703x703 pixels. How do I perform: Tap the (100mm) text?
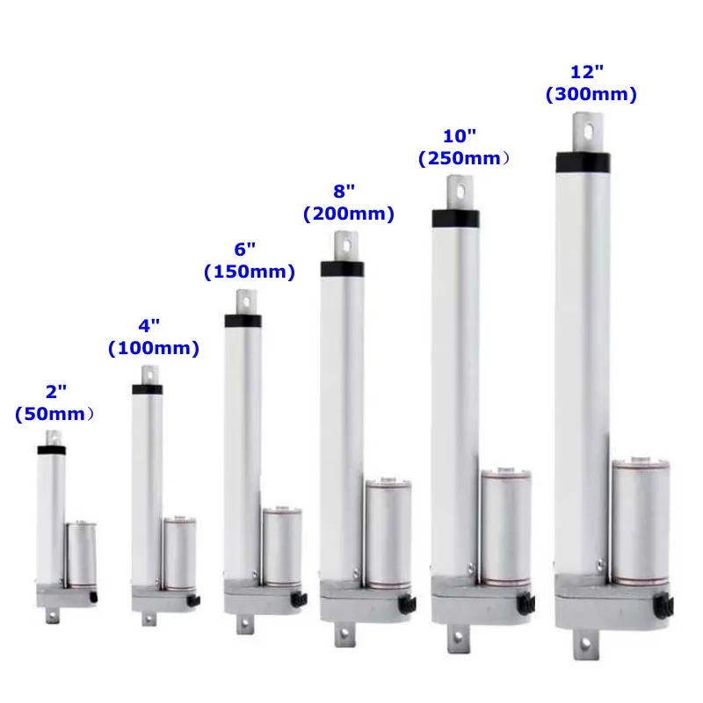tap(154, 349)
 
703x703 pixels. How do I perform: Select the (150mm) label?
tap(250, 272)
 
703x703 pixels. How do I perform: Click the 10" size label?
tap(459, 137)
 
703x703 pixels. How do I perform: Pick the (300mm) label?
tap(591, 95)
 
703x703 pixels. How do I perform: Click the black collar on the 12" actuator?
tap(583, 162)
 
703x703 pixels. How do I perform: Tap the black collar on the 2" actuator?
tap(52, 450)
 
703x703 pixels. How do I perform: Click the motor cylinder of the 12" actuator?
tap(641, 523)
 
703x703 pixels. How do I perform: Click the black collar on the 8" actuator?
tap(342, 269)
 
